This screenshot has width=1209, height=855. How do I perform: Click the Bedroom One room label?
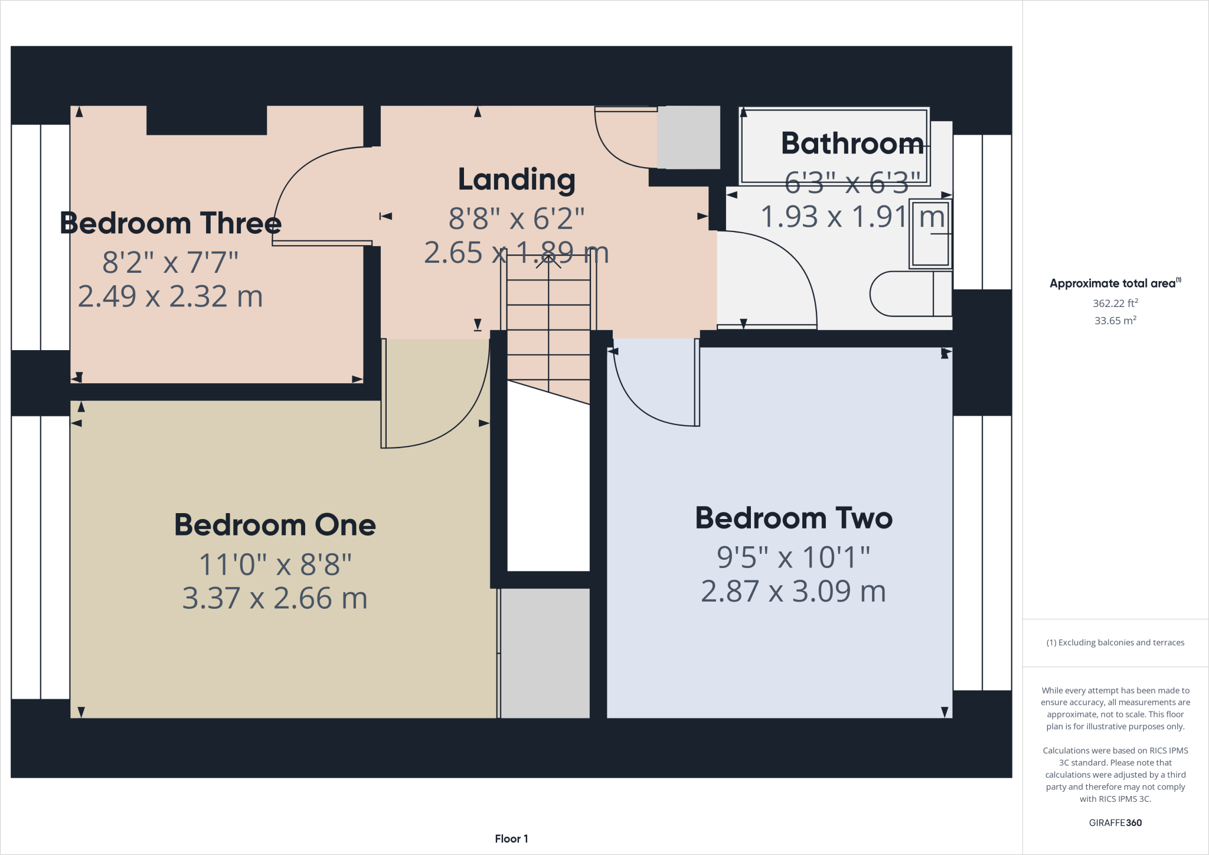click(275, 525)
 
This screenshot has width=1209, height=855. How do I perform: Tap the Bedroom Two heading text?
click(793, 518)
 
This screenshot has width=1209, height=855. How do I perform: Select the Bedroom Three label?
click(171, 223)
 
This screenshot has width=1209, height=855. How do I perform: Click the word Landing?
click(517, 180)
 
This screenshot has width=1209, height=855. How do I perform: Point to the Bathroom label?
click(852, 143)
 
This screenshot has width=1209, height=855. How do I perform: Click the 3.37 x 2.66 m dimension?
click(275, 598)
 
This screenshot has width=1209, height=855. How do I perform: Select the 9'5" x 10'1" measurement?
click(793, 557)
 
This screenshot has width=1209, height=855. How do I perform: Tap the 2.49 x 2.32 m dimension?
click(171, 296)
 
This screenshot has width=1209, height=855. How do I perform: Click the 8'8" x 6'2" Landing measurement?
click(517, 218)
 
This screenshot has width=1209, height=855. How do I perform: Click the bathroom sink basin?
click(930, 234)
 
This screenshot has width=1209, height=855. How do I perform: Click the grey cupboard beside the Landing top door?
click(688, 137)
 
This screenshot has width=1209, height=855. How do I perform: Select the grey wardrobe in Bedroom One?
click(545, 653)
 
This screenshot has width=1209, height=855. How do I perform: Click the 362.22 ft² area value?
click(1115, 304)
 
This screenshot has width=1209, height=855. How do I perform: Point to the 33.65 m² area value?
click(1115, 321)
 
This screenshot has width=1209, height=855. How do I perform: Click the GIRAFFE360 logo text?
click(1115, 823)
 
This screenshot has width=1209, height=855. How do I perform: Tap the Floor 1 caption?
click(511, 838)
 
